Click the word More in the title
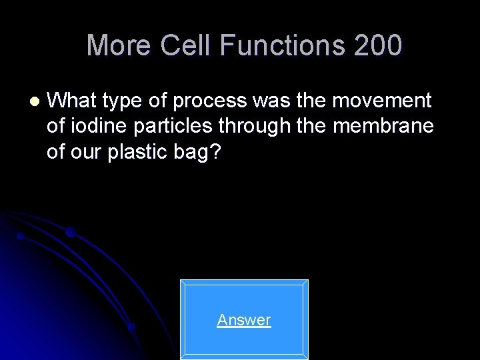(x=118, y=45)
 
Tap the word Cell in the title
(x=180, y=45)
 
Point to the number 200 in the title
(x=378, y=45)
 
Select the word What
(x=72, y=101)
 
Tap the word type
(x=121, y=101)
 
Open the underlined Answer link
(x=244, y=320)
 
